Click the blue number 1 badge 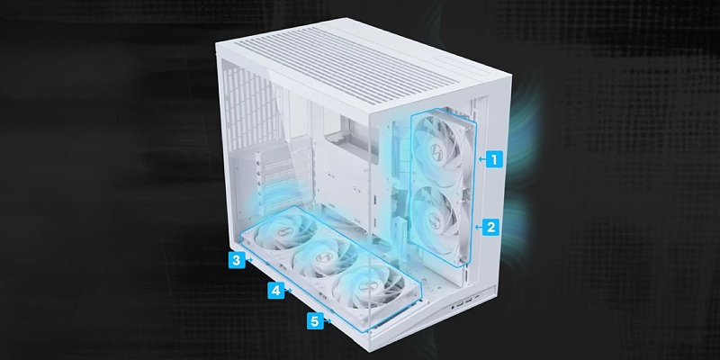tap(494, 159)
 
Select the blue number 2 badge tap(490, 227)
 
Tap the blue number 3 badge tap(236, 260)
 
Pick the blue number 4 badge tap(276, 290)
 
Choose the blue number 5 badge tap(314, 321)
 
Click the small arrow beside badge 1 tap(481, 159)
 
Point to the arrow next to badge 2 tap(478, 227)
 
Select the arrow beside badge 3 tap(249, 260)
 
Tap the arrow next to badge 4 tap(289, 290)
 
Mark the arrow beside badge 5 tap(328, 321)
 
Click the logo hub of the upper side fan tap(433, 149)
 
